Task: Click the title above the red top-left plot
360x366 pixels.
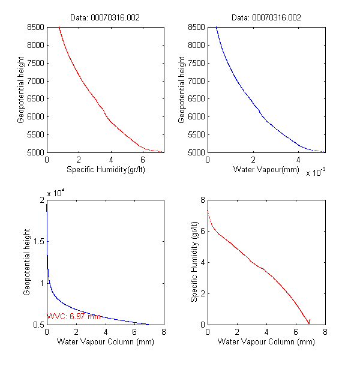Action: tap(106, 18)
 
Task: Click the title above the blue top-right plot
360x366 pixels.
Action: tap(266, 18)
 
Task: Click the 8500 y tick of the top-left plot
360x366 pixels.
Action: tap(35, 27)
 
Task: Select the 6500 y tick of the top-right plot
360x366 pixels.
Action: tap(196, 99)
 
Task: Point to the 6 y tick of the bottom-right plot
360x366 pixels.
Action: tap(202, 231)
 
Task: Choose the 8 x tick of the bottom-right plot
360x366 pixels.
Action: tap(325, 332)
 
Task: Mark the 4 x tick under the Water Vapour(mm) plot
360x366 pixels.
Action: tap(298, 160)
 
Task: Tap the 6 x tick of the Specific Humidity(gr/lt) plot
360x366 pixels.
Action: tap(143, 160)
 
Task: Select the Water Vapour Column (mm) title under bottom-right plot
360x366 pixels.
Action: tap(266, 342)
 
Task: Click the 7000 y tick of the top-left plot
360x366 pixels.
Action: tap(35, 81)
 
